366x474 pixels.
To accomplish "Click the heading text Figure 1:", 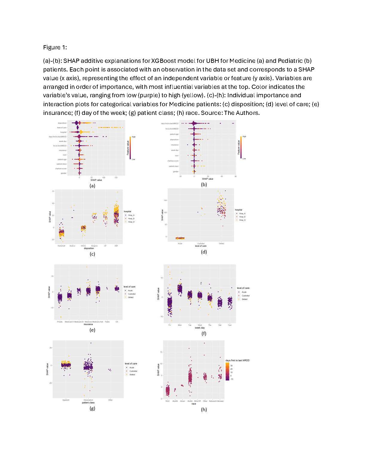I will coord(55,47).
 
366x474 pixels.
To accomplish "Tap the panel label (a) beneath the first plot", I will coord(92,186).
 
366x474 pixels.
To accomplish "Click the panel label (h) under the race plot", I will coord(204,409).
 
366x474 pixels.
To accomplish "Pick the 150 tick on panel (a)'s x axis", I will coord(116,177).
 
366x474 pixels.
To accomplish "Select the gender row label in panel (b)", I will coord(176,171).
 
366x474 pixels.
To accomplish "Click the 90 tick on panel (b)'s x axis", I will coord(236,177).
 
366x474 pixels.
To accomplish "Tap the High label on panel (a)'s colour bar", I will coord(134,137).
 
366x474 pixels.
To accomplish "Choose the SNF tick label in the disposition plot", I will coord(116,246).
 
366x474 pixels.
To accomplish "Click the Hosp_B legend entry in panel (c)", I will coord(131,218).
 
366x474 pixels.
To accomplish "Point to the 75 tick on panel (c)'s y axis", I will coord(53,191).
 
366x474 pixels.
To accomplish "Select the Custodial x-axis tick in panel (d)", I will coord(201,244).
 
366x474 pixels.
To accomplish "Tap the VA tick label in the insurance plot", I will coord(117,322).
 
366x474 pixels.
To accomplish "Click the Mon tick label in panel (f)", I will coord(180,325).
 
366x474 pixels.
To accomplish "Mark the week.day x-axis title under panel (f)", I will coord(200,328).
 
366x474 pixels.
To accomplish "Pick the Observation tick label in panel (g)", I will coord(88,400).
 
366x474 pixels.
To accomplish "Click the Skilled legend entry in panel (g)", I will coord(132,375).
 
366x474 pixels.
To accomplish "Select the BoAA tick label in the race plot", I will coord(190,401).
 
